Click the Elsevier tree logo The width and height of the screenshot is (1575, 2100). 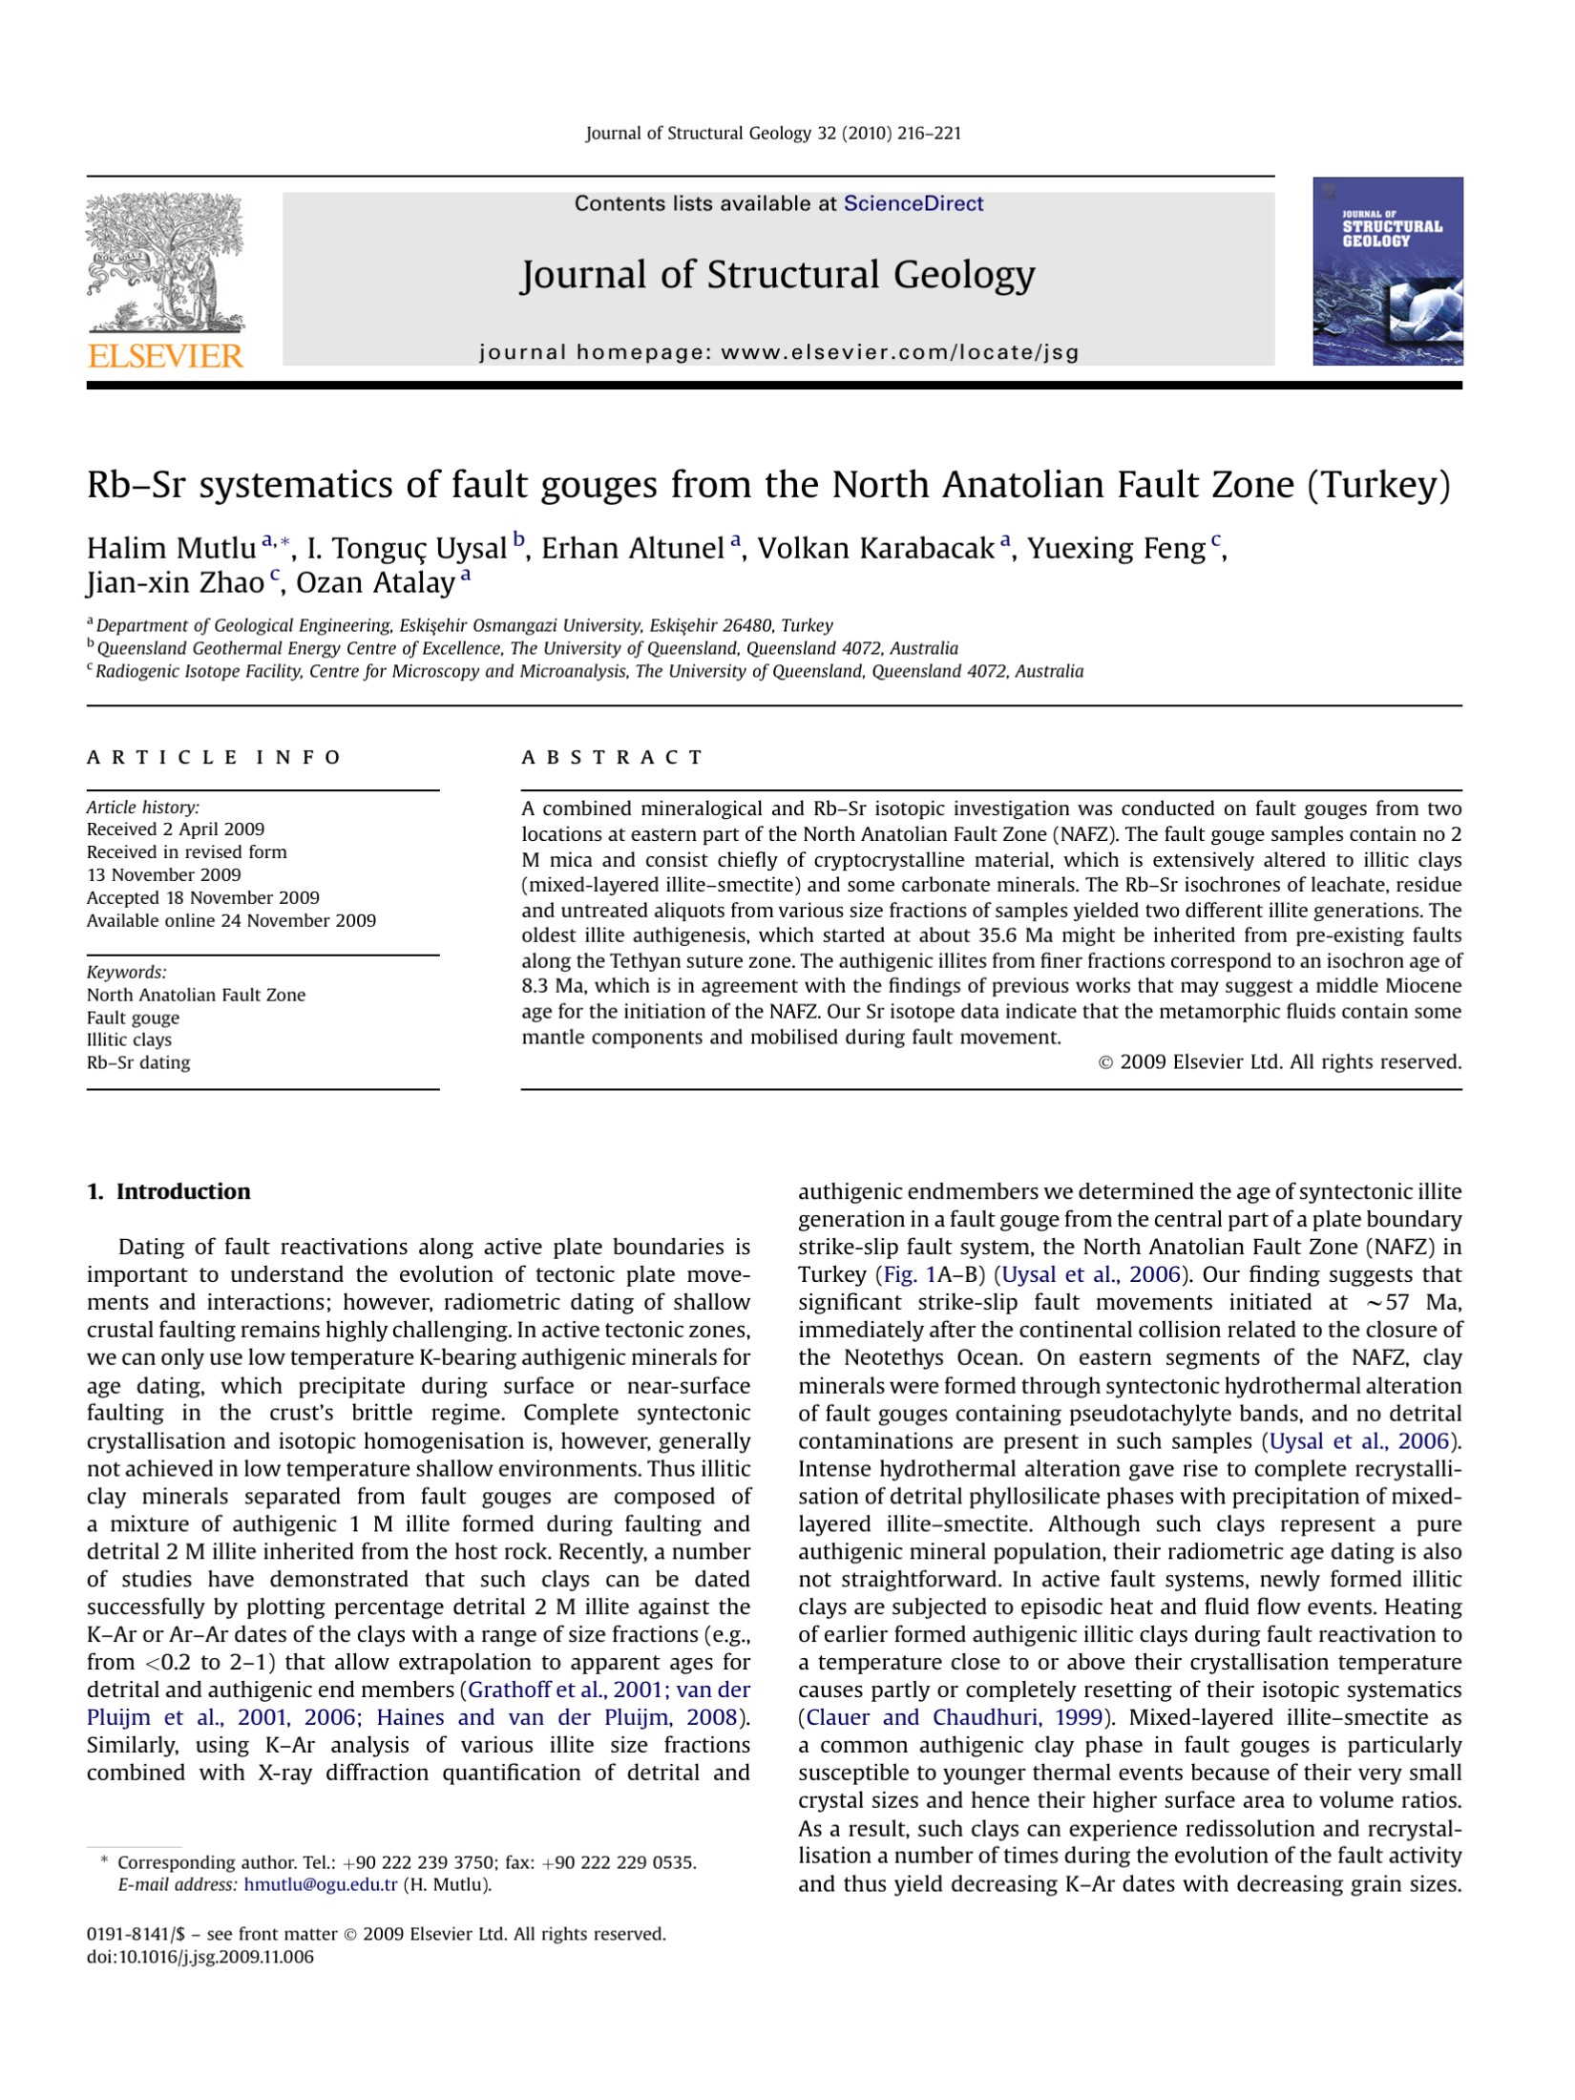[x=164, y=262]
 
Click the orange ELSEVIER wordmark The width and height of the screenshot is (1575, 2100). [x=165, y=356]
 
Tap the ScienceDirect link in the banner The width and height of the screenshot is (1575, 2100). [x=913, y=203]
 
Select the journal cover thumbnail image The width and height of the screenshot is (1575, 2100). [x=1387, y=271]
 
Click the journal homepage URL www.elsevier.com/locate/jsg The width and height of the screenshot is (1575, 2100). [x=899, y=352]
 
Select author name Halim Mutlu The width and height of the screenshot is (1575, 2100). [x=171, y=549]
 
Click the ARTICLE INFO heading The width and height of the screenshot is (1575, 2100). [x=214, y=758]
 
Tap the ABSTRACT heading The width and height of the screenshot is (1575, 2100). [x=612, y=758]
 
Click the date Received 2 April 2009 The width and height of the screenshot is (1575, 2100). [x=176, y=829]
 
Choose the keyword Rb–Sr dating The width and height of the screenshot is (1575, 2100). [x=138, y=1062]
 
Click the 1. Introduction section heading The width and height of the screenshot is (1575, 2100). [x=168, y=1192]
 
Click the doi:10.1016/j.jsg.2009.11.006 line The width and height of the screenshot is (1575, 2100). [x=199, y=1957]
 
